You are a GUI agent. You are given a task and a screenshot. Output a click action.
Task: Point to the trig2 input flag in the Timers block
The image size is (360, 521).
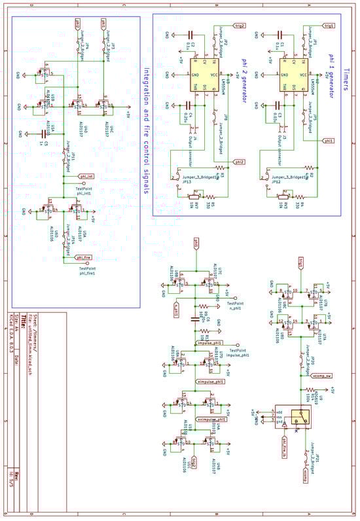(240, 26)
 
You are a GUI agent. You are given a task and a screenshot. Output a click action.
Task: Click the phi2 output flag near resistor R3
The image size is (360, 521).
(240, 160)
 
